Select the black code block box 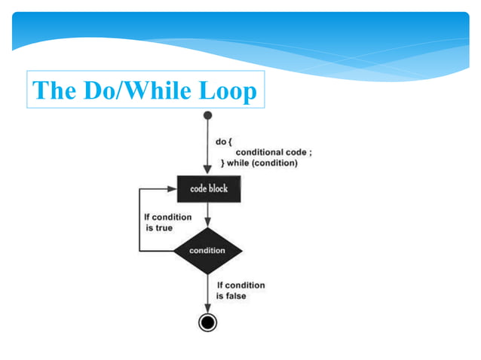click(x=208, y=189)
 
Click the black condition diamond click(x=208, y=250)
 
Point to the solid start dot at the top click(x=208, y=116)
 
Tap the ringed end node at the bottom click(x=208, y=322)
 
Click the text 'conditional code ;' click(x=274, y=152)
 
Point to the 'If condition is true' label click(x=167, y=221)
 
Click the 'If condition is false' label click(x=240, y=291)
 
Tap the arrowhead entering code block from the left click(x=173, y=189)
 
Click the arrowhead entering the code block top click(x=208, y=172)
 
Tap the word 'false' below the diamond click(x=235, y=296)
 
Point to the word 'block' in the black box click(x=219, y=189)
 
